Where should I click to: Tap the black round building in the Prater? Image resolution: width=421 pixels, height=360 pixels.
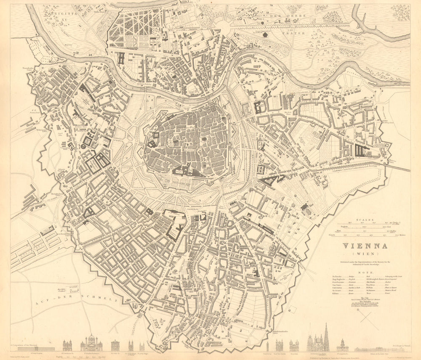[265, 35]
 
